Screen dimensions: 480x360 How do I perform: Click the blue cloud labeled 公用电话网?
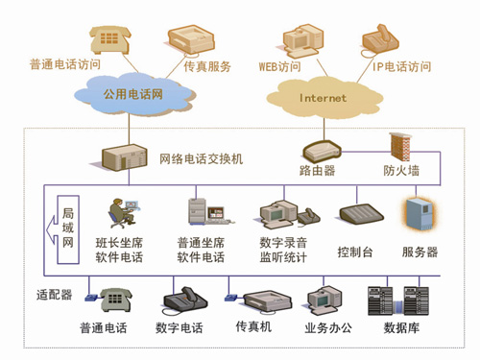click(x=134, y=94)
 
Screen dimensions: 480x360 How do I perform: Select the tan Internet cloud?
click(x=324, y=98)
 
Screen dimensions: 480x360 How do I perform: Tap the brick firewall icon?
click(x=400, y=147)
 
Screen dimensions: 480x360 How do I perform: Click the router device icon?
click(x=322, y=151)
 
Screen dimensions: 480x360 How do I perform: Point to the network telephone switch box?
click(x=124, y=157)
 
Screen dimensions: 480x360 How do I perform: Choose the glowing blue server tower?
click(x=420, y=214)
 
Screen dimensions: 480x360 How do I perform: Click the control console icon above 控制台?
click(x=361, y=213)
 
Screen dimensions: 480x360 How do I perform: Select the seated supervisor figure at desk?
click(x=124, y=212)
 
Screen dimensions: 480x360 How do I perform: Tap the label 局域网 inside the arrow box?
click(x=68, y=228)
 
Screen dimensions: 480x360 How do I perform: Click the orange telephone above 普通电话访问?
click(x=109, y=39)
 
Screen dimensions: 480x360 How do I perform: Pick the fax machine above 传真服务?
click(x=191, y=39)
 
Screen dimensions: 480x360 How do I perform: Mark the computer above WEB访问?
click(x=302, y=41)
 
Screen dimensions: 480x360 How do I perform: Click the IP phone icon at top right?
click(x=380, y=39)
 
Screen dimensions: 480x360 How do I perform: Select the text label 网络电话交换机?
click(x=202, y=158)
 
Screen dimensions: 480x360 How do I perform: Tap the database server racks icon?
click(x=398, y=300)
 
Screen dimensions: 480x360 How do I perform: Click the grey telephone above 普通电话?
click(x=116, y=300)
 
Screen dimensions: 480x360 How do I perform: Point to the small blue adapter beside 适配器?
click(x=91, y=298)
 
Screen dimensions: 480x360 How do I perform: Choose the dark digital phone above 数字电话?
click(x=185, y=300)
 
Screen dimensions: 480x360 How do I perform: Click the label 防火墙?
click(x=401, y=170)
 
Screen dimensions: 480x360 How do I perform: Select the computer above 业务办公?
click(x=324, y=300)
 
